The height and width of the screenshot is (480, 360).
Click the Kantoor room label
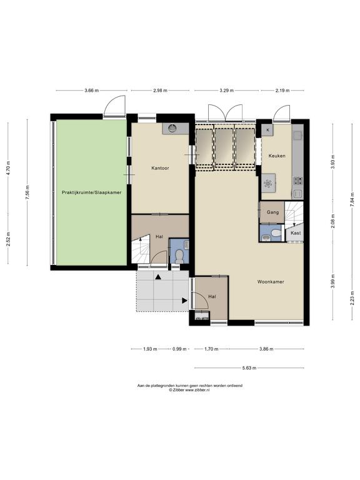coord(160,168)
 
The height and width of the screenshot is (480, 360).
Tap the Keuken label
coord(277,156)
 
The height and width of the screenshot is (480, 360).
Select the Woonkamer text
coord(271,282)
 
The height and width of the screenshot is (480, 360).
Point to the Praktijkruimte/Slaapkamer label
coord(91,192)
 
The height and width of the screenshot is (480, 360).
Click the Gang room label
coord(272,212)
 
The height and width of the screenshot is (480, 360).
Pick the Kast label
coord(296,233)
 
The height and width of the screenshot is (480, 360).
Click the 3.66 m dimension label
coord(91,91)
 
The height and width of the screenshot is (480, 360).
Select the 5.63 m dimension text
coord(249,368)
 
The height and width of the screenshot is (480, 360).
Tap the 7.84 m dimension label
coord(352,200)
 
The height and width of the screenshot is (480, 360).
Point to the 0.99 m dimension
coord(179,349)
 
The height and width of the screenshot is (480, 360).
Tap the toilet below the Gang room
coord(276,233)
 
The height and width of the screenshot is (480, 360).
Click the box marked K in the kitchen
coord(268,130)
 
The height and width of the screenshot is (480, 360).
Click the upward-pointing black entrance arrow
coord(158,277)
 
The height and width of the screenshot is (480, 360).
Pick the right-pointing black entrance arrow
coord(184,301)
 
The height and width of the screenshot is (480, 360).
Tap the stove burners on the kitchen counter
coord(298,181)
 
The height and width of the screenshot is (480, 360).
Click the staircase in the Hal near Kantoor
coord(141,249)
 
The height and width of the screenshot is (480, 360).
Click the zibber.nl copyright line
coord(189,390)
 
